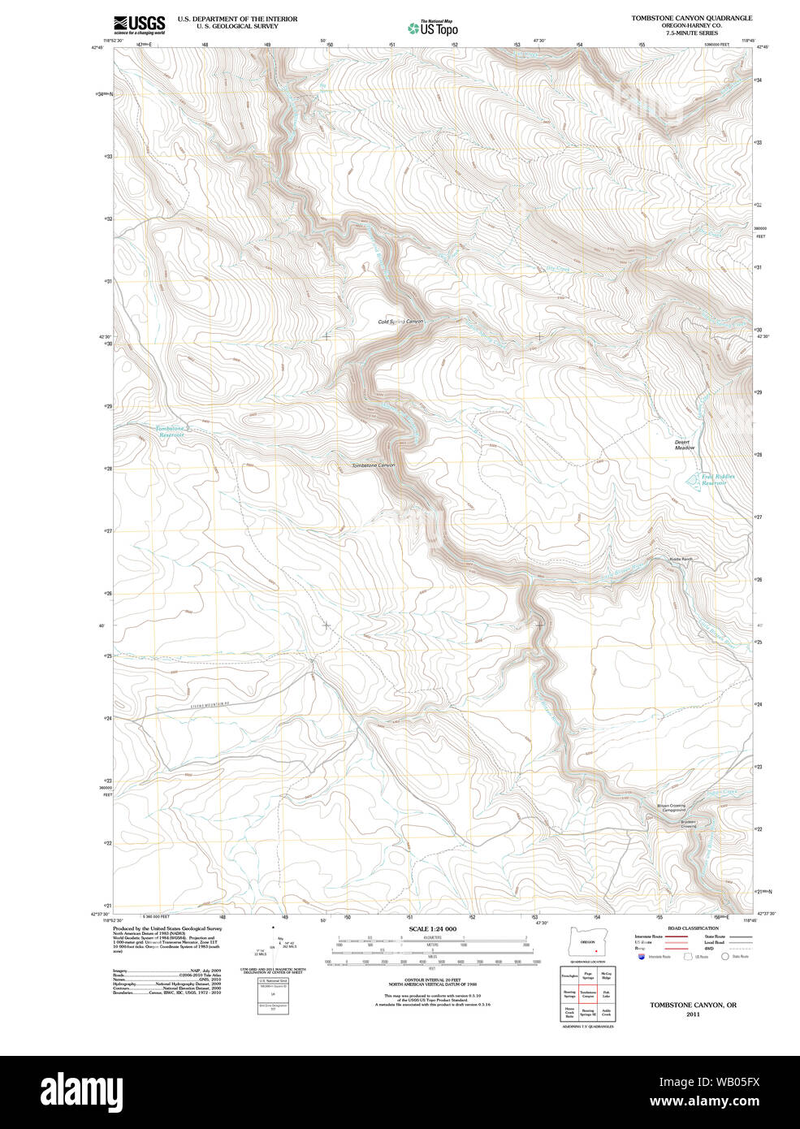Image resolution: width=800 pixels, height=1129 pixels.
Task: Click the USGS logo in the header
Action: coord(139,24)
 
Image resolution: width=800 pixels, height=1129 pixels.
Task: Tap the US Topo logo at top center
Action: coord(433,28)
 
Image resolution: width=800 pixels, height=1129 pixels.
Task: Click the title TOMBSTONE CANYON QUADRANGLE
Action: coord(691,18)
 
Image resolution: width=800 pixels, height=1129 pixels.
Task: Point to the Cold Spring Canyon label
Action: coord(400,322)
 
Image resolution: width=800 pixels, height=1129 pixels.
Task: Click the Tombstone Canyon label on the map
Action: coord(373,465)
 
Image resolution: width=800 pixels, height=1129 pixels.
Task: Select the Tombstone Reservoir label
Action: coord(171,431)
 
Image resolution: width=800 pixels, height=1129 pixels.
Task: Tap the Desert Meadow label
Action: coord(685,445)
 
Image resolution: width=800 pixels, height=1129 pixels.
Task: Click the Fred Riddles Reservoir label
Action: coord(714,480)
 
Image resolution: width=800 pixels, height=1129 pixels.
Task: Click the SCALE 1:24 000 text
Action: coord(432,928)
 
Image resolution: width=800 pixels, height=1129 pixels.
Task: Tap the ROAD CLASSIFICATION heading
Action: coord(693,928)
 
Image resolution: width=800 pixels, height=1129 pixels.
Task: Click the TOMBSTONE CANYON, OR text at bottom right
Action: coord(693,1005)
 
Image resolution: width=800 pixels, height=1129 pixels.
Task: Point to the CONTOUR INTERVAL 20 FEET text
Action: coord(432,980)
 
